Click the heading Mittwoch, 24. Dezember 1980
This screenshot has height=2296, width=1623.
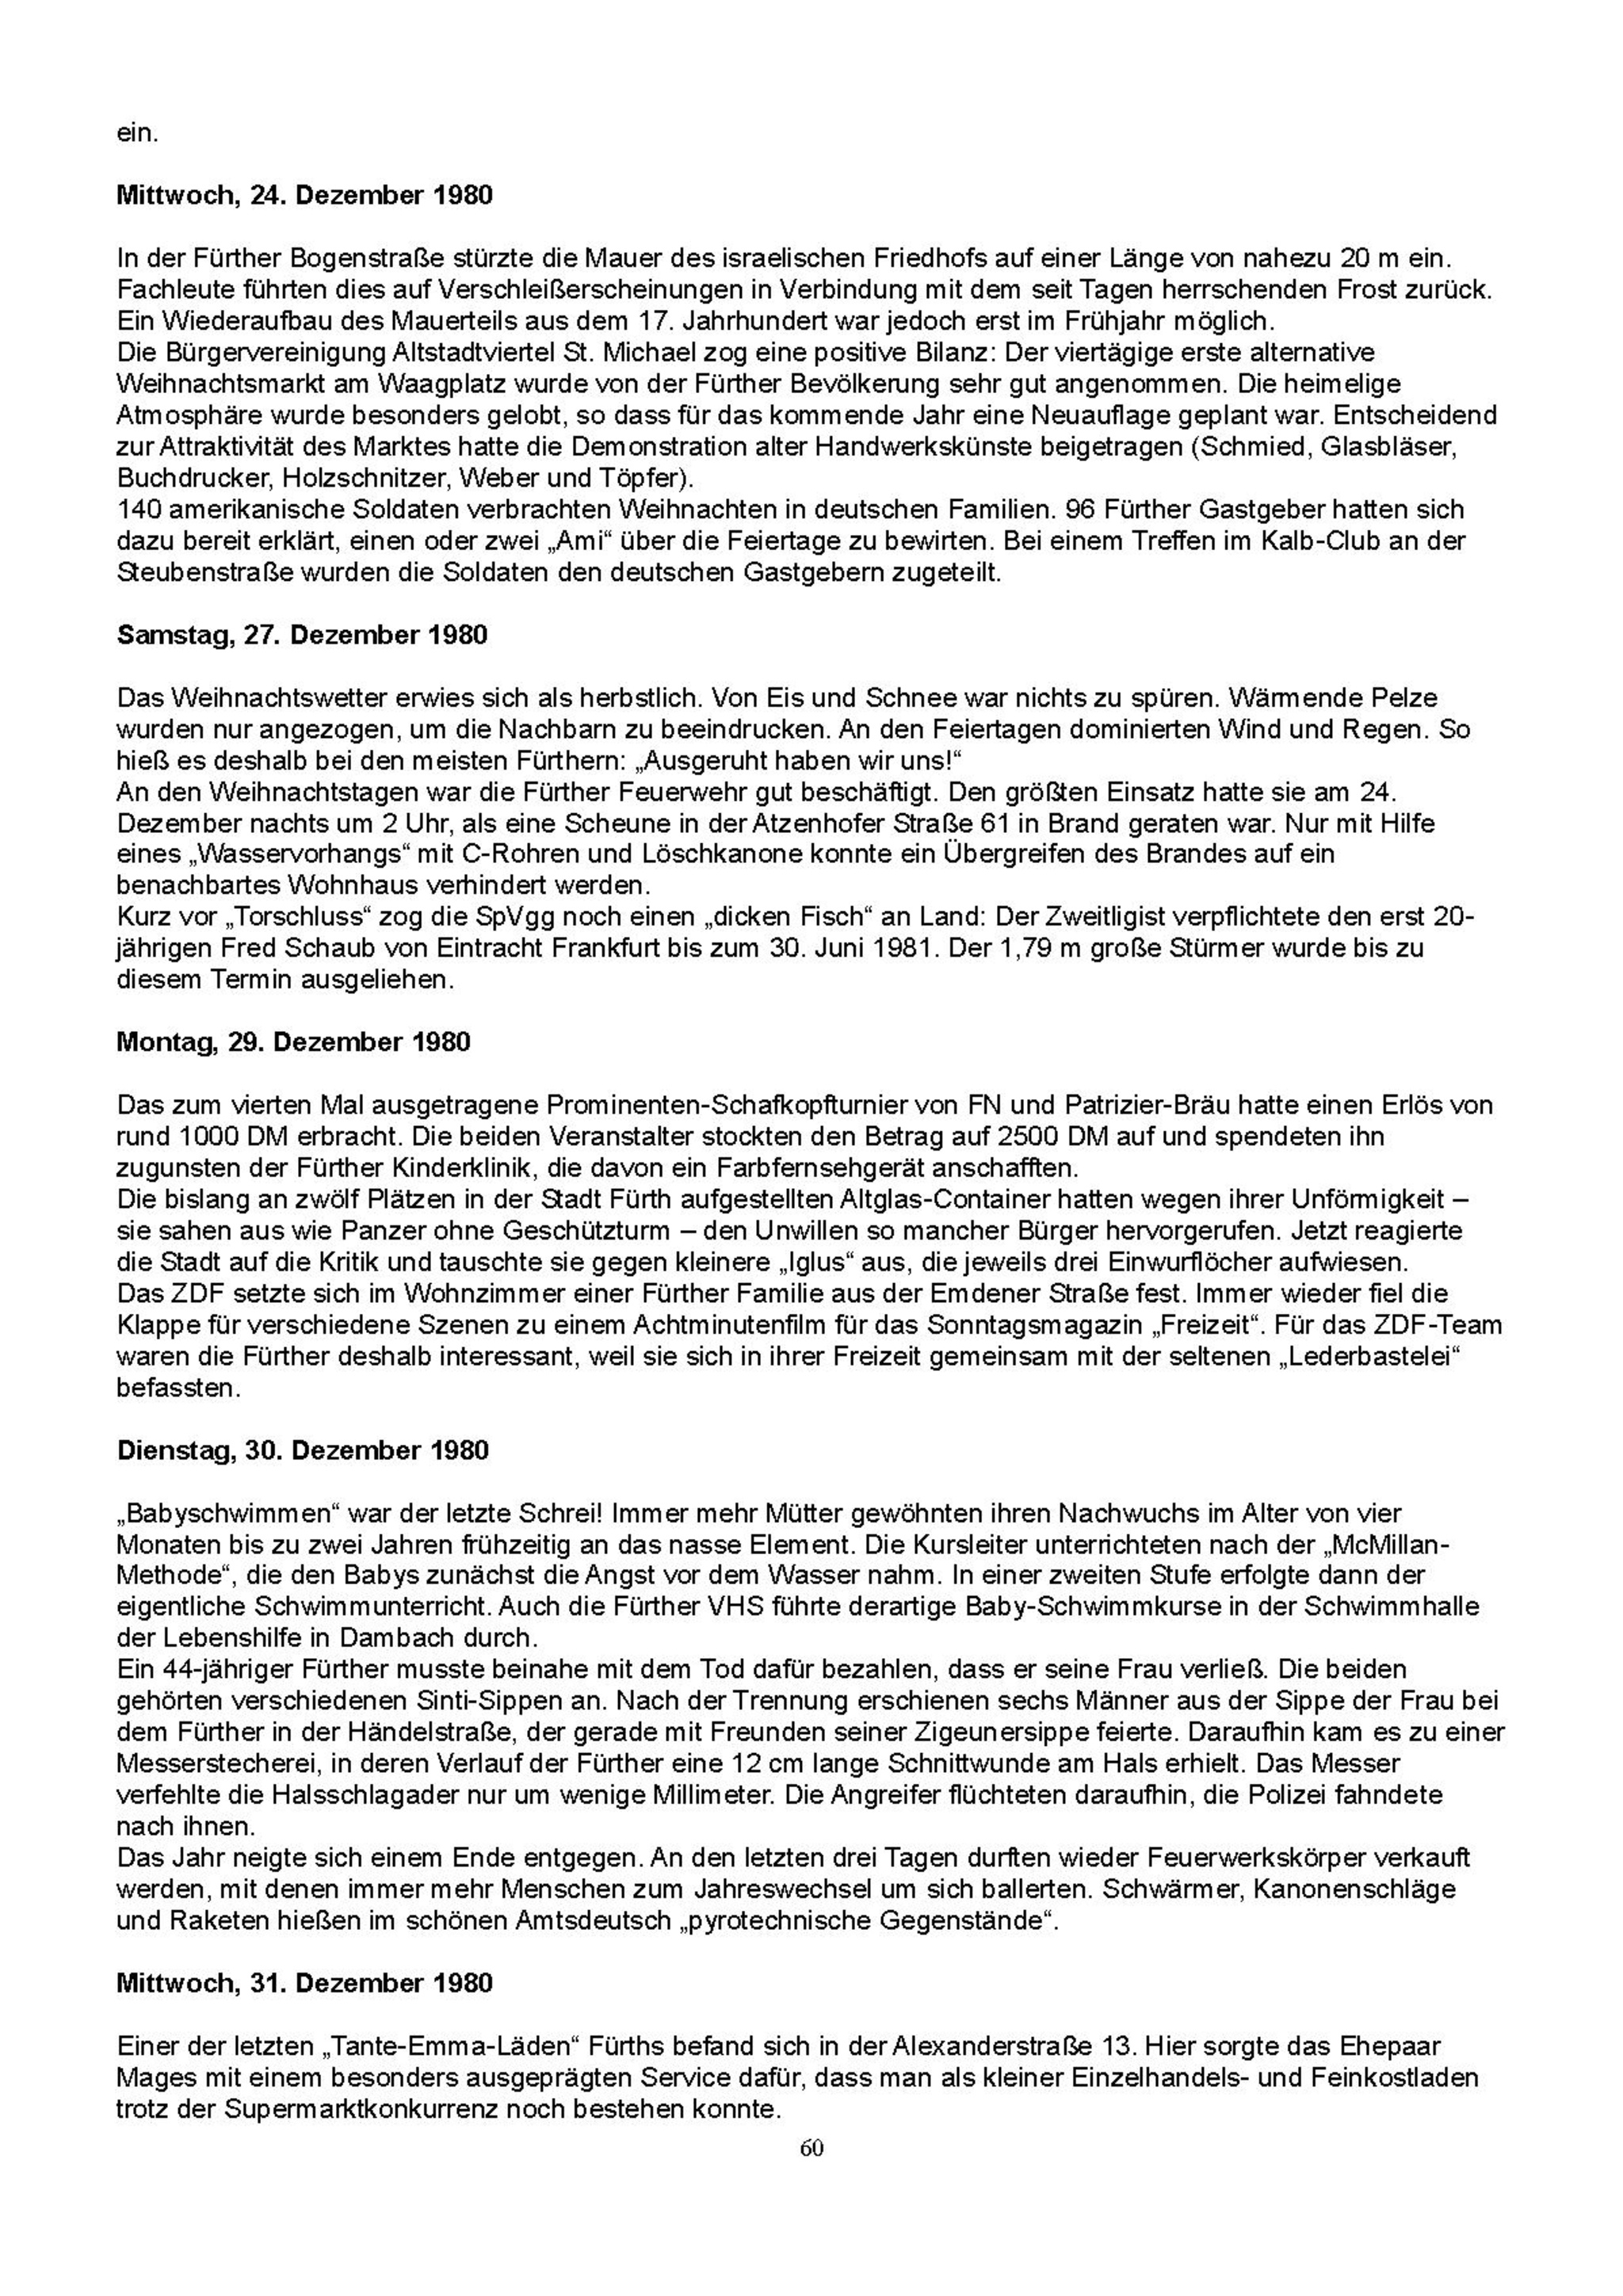pos(304,195)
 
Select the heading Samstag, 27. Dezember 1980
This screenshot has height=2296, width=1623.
pos(302,635)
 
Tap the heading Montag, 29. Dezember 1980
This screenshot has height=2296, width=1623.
pos(293,1042)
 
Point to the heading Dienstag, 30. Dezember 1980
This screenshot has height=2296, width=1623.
pos(302,1450)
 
